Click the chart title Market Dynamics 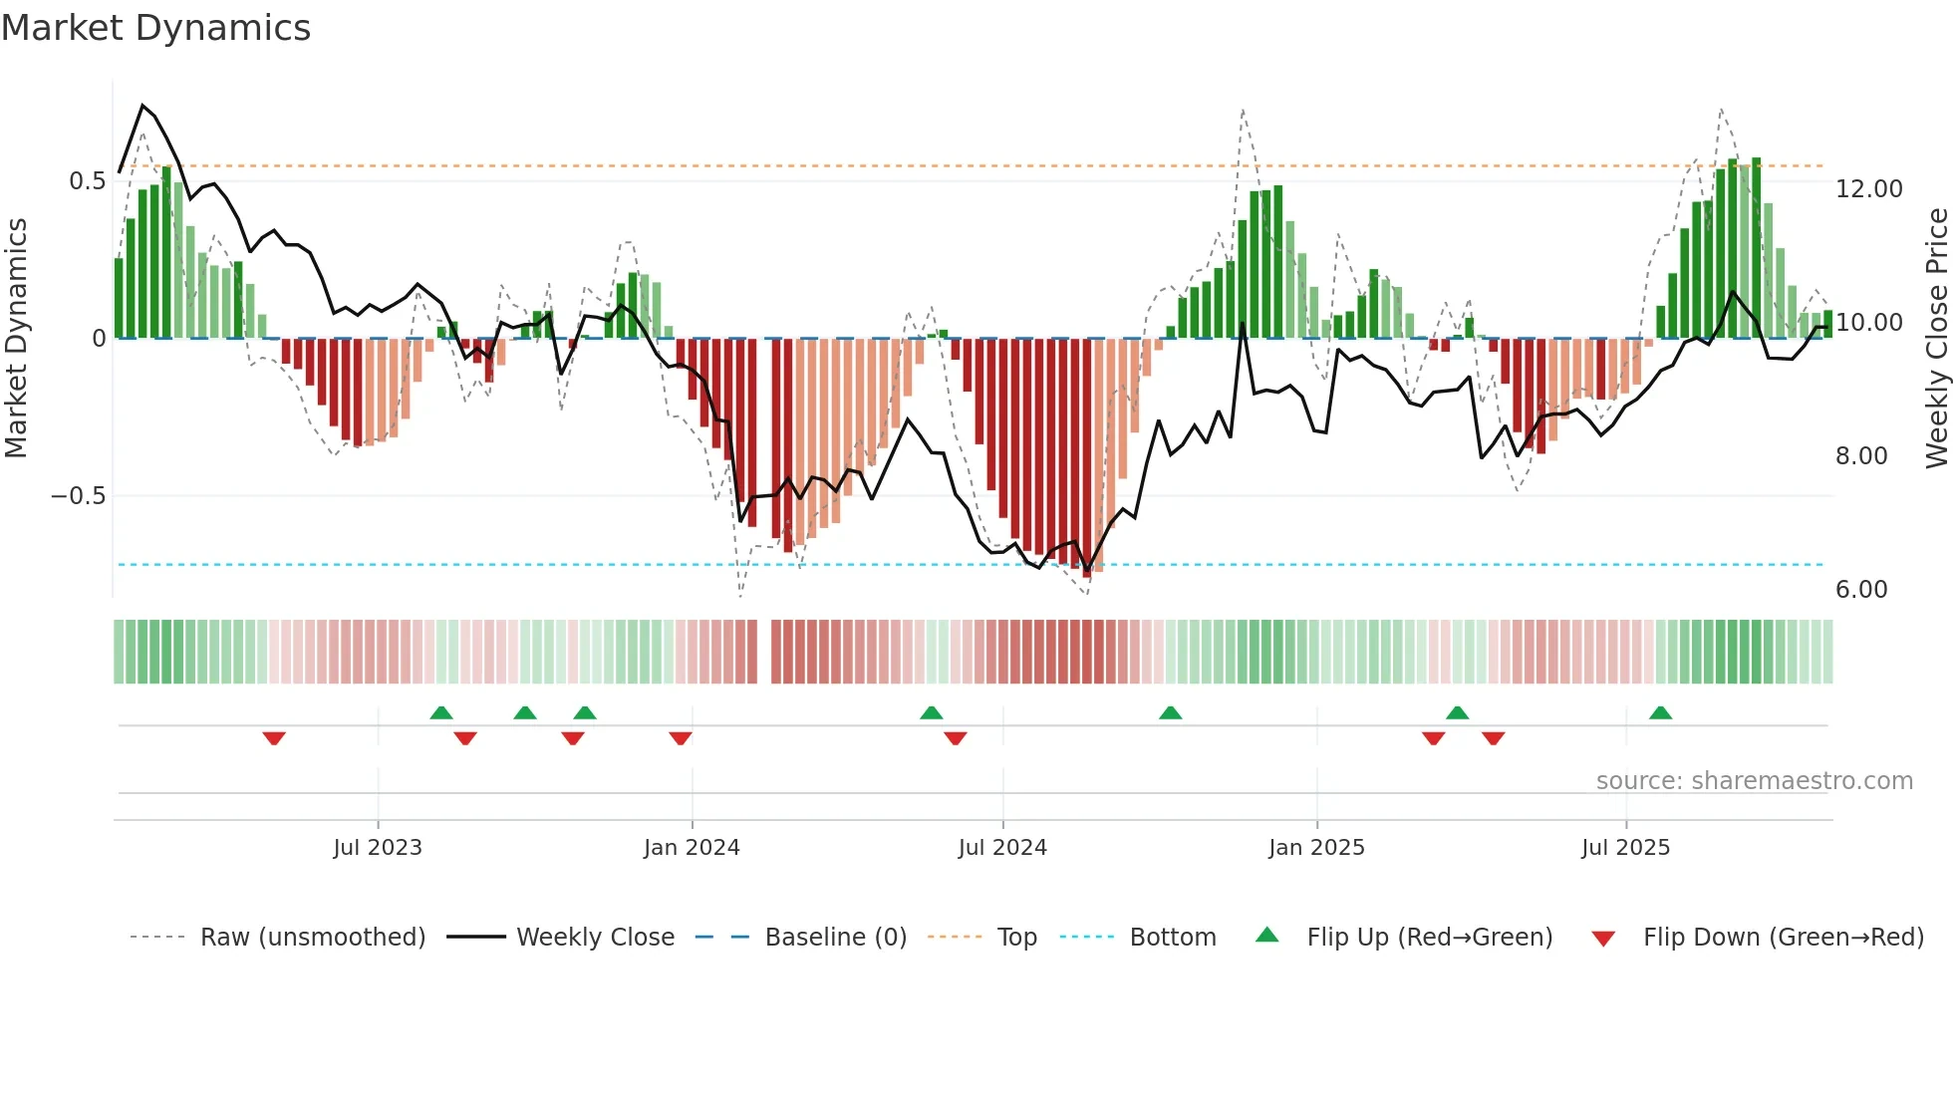coord(155,28)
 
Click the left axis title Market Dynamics coord(16,338)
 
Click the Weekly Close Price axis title coord(1936,338)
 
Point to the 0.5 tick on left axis coord(87,181)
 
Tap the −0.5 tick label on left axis coord(78,496)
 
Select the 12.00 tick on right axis coord(1868,189)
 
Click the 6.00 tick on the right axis coord(1860,590)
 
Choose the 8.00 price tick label coord(1860,456)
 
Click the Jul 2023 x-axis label coord(378,848)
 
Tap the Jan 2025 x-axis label coord(1316,848)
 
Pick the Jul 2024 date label coord(1002,848)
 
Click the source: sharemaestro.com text coord(1754,781)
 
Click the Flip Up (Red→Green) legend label coord(1429,938)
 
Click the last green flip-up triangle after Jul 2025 coord(1660,713)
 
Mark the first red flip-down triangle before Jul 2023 coord(274,738)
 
